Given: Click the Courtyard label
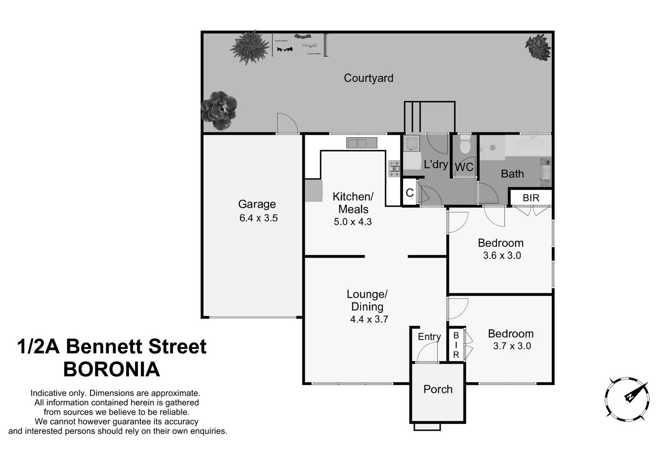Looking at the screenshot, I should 368,78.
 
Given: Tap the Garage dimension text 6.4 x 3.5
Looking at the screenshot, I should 258,218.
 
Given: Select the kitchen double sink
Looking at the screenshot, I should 362,143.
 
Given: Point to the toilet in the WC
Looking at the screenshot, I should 465,145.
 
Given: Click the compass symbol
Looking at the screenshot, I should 627,399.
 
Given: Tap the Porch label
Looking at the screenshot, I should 438,389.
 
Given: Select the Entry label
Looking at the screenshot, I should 429,337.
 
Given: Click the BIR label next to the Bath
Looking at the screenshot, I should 531,198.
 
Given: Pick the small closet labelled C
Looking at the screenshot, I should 410,193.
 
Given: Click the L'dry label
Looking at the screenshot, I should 436,164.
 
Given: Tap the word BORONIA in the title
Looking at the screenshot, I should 112,369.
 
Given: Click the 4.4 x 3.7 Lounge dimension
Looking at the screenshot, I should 369,319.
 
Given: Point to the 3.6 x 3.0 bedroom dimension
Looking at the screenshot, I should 502,255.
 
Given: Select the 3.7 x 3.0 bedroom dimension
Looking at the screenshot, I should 512,346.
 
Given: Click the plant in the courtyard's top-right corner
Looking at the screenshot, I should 538,47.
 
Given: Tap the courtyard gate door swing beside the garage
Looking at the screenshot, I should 287,123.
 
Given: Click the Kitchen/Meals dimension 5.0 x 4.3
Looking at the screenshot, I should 353,222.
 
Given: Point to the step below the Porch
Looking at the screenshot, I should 427,427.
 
